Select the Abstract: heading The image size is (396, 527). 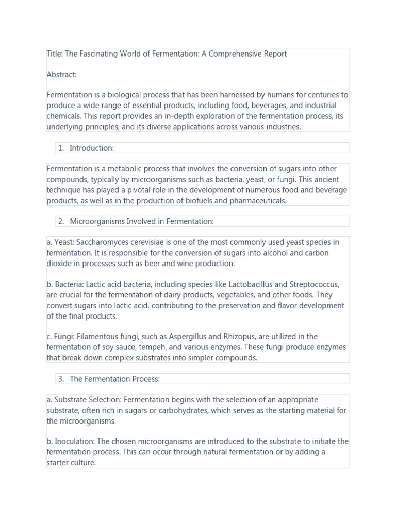point(61,75)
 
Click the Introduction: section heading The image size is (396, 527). point(92,148)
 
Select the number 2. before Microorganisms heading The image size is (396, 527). point(61,221)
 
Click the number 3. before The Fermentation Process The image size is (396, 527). point(61,379)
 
